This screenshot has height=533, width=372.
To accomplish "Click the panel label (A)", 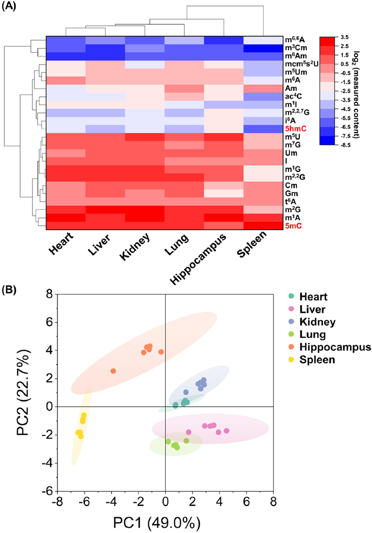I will tap(11, 7).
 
